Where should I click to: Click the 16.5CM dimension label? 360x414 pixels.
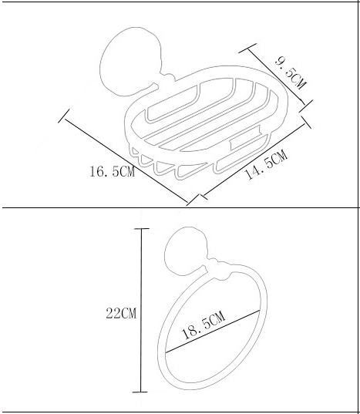coord(113,171)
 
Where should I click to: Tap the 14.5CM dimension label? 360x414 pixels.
coord(266,164)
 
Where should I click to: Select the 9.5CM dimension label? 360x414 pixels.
coord(291,74)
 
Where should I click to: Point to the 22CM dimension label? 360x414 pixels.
coord(121,313)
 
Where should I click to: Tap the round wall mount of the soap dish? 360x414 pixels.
coord(130,61)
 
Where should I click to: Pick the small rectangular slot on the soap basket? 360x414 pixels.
coord(245,138)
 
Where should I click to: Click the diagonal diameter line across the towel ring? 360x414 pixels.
coord(213,332)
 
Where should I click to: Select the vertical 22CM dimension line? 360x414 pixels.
coord(141,310)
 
